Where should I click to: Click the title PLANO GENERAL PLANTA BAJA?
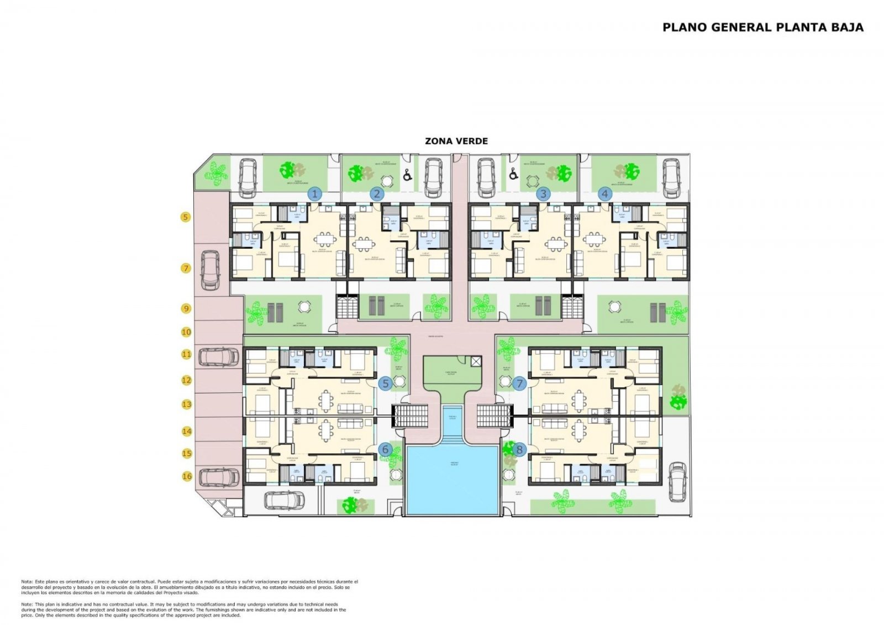click(x=762, y=27)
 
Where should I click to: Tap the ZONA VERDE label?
click(x=456, y=141)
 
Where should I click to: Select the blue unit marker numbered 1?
click(x=315, y=193)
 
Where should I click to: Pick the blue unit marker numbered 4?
click(x=606, y=193)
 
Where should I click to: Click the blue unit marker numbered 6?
click(x=386, y=449)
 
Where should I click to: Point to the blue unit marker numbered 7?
click(x=519, y=383)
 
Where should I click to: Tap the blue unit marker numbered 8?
click(x=519, y=449)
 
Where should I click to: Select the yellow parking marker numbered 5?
click(x=186, y=217)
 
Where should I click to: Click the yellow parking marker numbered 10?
click(x=186, y=332)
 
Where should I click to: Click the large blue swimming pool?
click(x=452, y=479)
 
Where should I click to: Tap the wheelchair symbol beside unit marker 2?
click(x=408, y=175)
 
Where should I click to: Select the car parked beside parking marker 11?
click(x=219, y=357)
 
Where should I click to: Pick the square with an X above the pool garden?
click(x=476, y=361)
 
